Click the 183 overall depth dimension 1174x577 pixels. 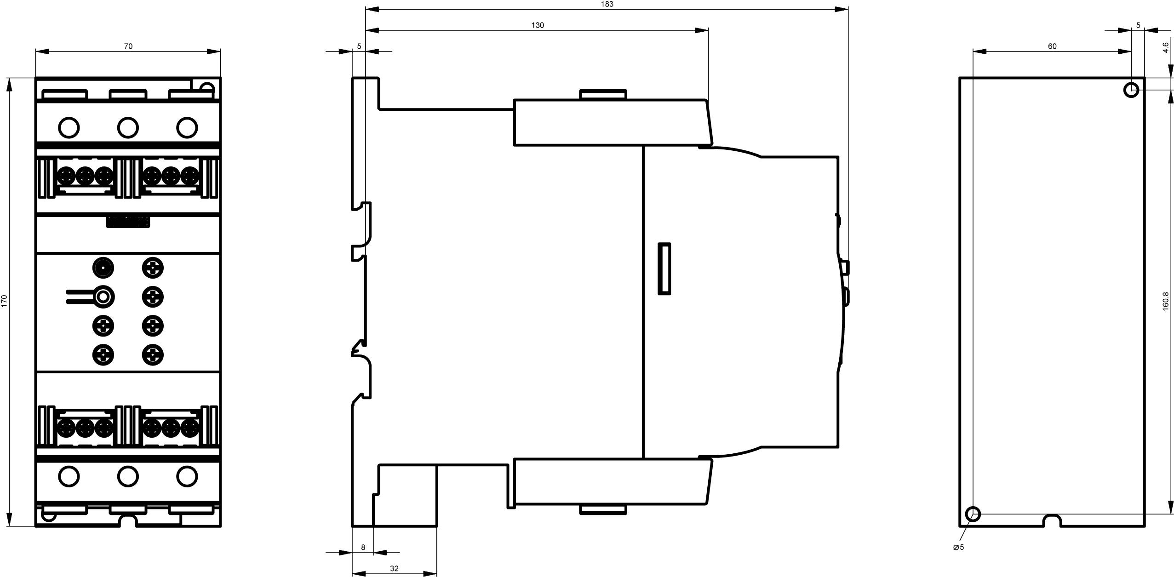[x=607, y=4]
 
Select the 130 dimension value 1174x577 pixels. [x=537, y=25]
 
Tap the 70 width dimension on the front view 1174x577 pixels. [x=128, y=46]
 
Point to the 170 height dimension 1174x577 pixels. [x=5, y=301]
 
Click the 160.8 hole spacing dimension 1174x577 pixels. [x=1165, y=301]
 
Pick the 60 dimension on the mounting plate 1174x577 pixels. [x=1052, y=46]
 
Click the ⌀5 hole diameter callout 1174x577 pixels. [x=959, y=547]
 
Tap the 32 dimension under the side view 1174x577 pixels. [x=394, y=568]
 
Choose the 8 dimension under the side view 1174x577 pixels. [x=363, y=547]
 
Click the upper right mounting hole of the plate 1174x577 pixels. [x=1131, y=90]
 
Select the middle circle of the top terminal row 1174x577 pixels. [x=128, y=127]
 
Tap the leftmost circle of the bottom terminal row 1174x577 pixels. [x=69, y=476]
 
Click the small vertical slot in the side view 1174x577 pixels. [x=664, y=269]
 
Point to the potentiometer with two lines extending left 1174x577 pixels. [x=103, y=297]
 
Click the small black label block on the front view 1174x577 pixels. [x=128, y=222]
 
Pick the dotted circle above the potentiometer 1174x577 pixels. [x=103, y=268]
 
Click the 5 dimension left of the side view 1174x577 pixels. [x=359, y=46]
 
